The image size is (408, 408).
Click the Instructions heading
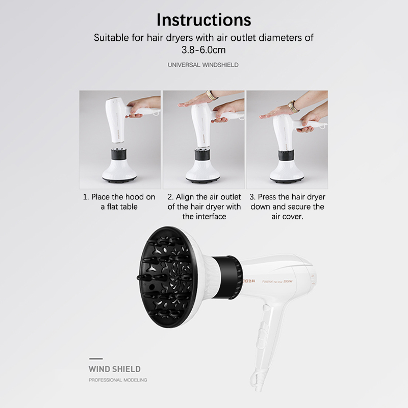point(203,20)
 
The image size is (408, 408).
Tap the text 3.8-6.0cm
point(203,49)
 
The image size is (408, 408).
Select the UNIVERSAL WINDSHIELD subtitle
point(203,65)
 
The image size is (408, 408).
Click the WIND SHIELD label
point(114,369)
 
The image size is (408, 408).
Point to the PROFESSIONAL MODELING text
point(118,380)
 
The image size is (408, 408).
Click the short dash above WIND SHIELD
point(96,359)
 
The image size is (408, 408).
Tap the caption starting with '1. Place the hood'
point(119,201)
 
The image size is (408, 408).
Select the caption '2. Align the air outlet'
point(204,207)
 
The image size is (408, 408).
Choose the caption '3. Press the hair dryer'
point(287,207)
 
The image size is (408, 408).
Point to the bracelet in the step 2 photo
point(211,95)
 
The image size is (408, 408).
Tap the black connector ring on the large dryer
point(227,277)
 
